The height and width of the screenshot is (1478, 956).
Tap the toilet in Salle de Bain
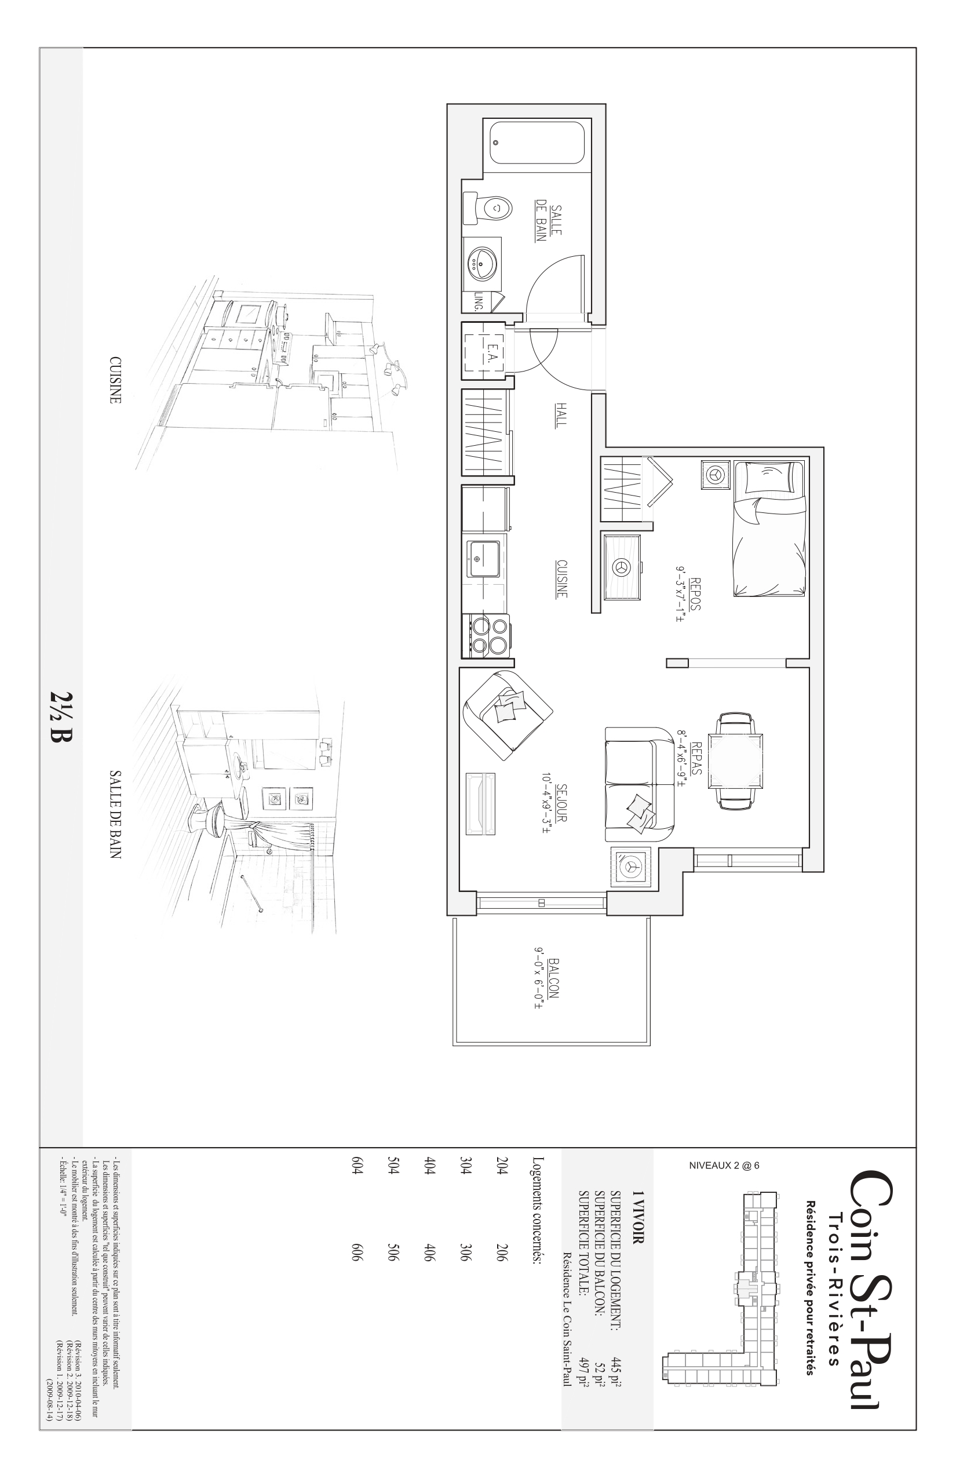coord(487,208)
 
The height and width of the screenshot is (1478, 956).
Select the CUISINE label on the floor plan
coord(561,579)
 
